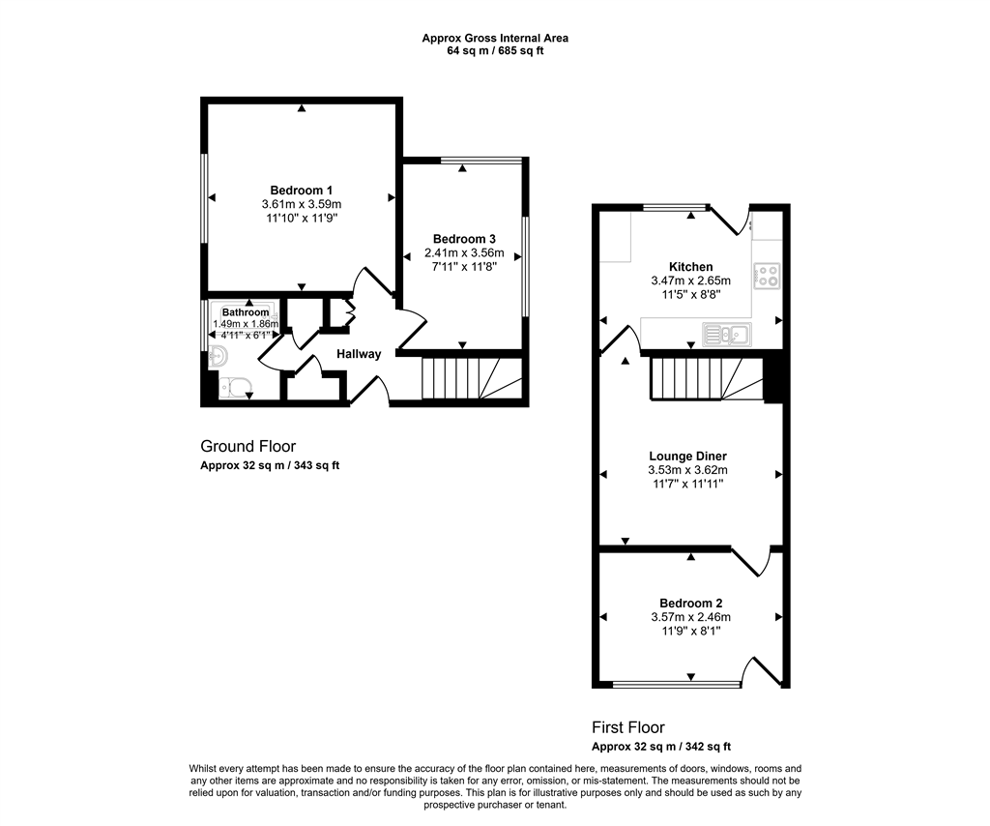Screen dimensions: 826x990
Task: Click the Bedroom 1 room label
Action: pyautogui.click(x=302, y=190)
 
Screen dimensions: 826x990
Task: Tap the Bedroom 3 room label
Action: pyautogui.click(x=464, y=239)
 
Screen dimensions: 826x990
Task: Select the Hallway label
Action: pyautogui.click(x=359, y=354)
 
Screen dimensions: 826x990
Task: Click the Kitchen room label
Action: pyautogui.click(x=690, y=267)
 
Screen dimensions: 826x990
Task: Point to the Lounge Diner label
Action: pyautogui.click(x=687, y=457)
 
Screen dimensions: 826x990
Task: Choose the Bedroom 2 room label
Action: pyautogui.click(x=689, y=602)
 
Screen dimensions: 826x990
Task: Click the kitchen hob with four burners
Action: pyautogui.click(x=767, y=276)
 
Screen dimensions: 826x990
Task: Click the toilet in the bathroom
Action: pyautogui.click(x=234, y=389)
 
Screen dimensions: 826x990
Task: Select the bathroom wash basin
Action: pyautogui.click(x=217, y=357)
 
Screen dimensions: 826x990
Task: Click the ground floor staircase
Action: pyautogui.click(x=472, y=379)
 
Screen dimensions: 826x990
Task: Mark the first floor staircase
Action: pyautogui.click(x=704, y=378)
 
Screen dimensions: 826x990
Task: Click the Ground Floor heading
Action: pyautogui.click(x=247, y=446)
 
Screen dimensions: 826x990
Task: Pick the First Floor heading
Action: pyautogui.click(x=628, y=727)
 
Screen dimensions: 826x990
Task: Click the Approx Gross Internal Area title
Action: pyautogui.click(x=495, y=38)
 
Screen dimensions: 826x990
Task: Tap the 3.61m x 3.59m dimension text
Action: pyautogui.click(x=302, y=204)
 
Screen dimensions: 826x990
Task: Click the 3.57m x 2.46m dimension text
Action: pyautogui.click(x=689, y=616)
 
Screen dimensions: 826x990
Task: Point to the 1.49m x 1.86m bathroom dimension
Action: pyautogui.click(x=246, y=324)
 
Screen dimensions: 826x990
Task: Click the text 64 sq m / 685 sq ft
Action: pyautogui.click(x=495, y=50)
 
